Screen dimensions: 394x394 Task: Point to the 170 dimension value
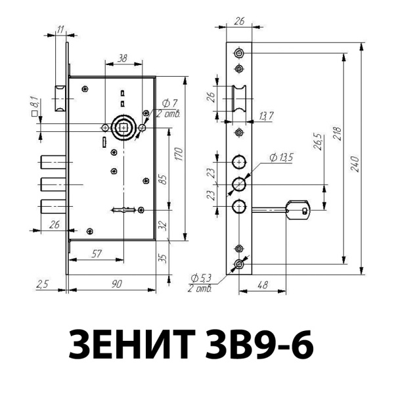pos(178,156)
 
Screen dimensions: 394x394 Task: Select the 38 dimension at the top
pos(121,58)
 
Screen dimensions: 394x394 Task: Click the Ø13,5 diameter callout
pos(280,157)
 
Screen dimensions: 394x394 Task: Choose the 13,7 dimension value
pos(267,116)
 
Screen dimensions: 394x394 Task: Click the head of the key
pos(301,210)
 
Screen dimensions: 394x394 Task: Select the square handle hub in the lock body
pos(121,127)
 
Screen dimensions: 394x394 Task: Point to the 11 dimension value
pos(60,30)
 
